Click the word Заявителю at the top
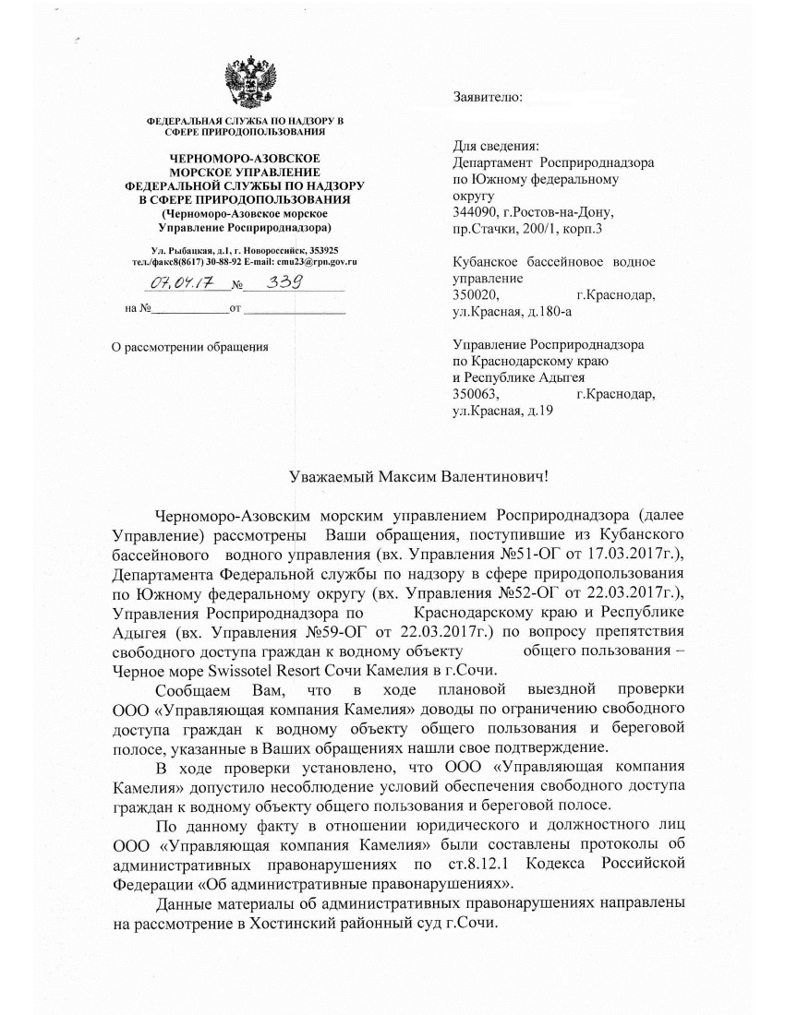488,97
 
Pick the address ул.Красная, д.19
502,412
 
